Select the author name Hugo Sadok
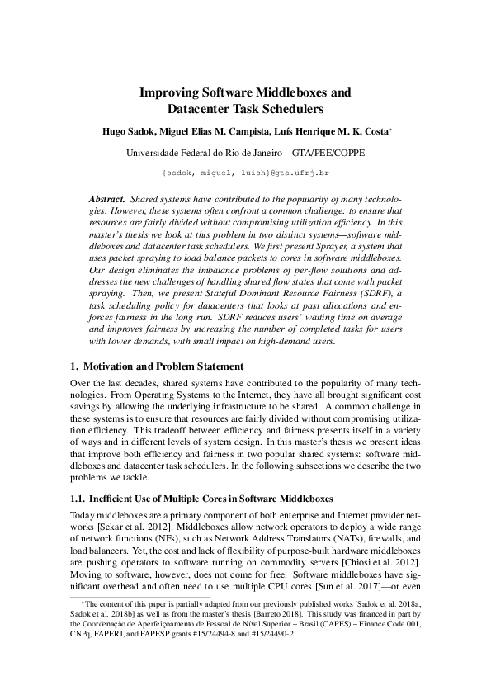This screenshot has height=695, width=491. (129, 132)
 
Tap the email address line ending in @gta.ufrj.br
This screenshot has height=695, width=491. (246, 173)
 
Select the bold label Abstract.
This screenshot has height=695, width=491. (106, 201)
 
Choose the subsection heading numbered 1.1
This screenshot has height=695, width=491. (199, 499)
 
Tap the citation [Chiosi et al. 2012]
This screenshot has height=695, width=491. (387, 561)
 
